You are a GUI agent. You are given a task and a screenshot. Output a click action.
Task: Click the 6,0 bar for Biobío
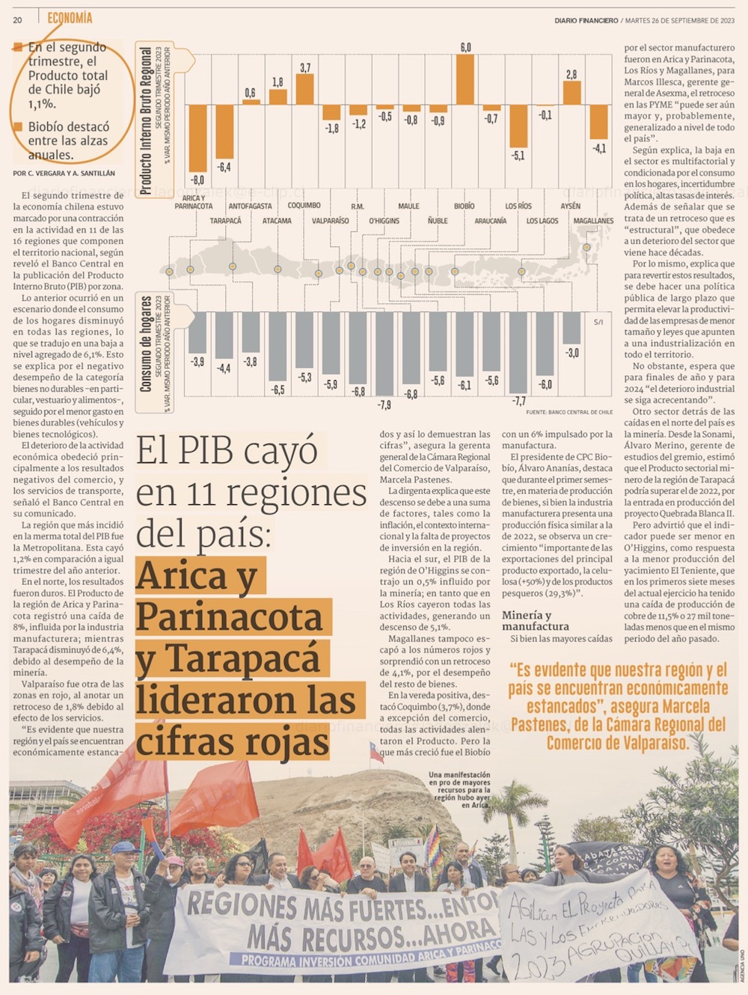465,79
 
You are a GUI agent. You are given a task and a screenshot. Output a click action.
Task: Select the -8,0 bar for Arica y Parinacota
197,138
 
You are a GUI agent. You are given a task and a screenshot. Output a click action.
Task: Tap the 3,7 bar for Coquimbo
305,89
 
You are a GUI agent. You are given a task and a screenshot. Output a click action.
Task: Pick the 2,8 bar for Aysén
572,92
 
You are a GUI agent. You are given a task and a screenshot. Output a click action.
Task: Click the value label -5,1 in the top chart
518,156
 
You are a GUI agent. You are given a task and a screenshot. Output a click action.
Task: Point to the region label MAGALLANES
593,221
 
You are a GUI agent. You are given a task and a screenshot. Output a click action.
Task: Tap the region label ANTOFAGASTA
250,206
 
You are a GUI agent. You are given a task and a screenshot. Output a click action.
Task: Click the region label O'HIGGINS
384,221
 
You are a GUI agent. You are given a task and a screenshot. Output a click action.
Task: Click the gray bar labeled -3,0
571,328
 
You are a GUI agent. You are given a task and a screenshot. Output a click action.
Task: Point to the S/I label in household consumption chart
598,322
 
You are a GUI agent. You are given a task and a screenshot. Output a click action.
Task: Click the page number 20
17,20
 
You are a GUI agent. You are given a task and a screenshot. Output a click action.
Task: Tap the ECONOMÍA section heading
70,18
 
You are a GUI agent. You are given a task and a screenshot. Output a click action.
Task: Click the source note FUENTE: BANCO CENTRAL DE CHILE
568,412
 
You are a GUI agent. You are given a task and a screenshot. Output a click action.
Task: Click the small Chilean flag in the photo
375,752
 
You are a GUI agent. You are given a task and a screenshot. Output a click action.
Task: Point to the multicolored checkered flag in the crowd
433,845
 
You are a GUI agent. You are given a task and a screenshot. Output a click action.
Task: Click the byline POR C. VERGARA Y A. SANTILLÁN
64,174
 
